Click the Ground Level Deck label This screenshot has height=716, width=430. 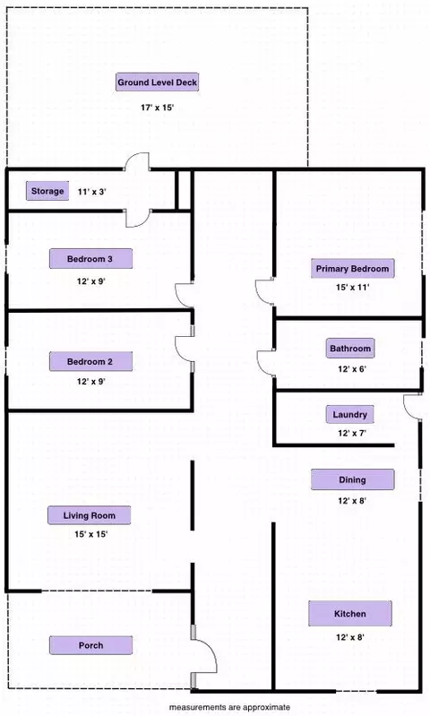(157, 82)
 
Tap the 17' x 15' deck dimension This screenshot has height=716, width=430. (157, 108)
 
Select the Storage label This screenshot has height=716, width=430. (47, 191)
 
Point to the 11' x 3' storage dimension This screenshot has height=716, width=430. (91, 192)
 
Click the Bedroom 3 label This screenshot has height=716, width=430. (90, 259)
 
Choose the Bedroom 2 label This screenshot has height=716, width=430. (90, 362)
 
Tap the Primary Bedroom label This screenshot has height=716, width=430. (352, 269)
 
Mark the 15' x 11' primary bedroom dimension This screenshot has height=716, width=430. (352, 288)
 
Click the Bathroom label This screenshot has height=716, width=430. (350, 349)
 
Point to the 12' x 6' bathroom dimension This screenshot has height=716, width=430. (352, 369)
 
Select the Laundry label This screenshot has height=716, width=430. (349, 415)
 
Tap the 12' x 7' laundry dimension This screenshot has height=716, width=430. (352, 433)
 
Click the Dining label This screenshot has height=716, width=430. (352, 479)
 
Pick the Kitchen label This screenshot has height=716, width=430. (350, 614)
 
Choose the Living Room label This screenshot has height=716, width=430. (89, 515)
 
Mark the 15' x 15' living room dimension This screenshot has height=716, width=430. (90, 534)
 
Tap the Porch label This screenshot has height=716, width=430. (90, 645)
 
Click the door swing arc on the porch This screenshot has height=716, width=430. (211, 649)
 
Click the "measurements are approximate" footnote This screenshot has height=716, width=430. (229, 707)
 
